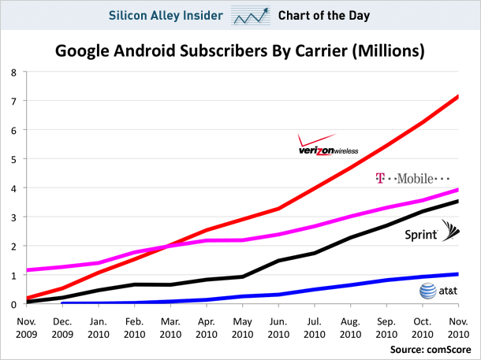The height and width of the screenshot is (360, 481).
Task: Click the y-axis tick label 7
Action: (13, 102)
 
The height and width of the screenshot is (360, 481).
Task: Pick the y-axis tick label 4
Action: (13, 188)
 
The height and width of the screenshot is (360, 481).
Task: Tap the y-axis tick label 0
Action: (13, 305)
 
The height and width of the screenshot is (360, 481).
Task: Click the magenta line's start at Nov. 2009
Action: (28, 270)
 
